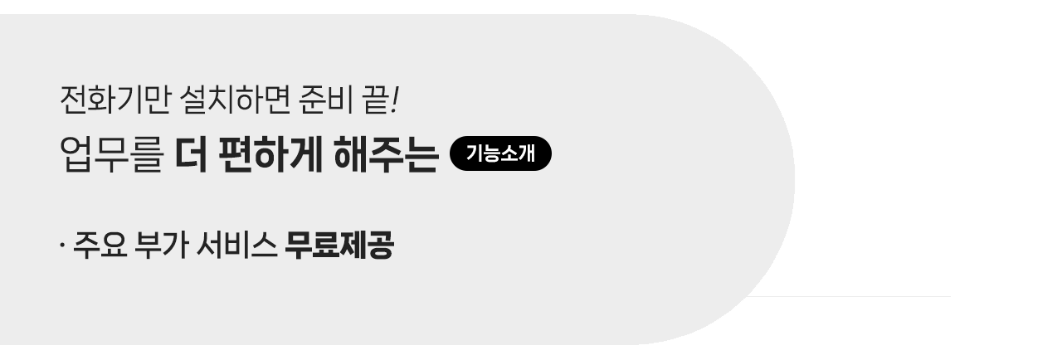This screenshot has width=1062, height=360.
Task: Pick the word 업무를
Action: pos(112,156)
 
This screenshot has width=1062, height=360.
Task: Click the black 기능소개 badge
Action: pos(499,153)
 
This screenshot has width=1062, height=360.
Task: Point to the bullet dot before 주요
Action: pos(62,246)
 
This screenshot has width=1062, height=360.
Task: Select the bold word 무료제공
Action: pos(339,246)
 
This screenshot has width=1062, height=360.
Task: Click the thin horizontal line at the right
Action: pos(855,296)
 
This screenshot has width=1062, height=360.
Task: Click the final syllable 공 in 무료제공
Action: pos(379,246)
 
